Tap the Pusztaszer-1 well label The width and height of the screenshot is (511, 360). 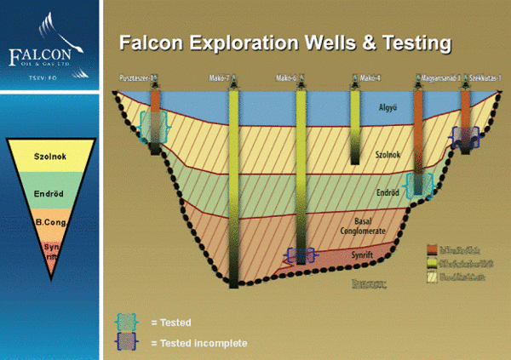pyautogui.click(x=140, y=80)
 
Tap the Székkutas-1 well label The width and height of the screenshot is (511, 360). pyautogui.click(x=486, y=80)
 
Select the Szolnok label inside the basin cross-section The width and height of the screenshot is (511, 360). pyautogui.click(x=388, y=157)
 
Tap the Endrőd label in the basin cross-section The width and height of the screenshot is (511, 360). pyautogui.click(x=388, y=193)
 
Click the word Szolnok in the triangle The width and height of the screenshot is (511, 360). pyautogui.click(x=50, y=157)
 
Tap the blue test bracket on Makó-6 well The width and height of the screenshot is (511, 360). pyautogui.click(x=301, y=254)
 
